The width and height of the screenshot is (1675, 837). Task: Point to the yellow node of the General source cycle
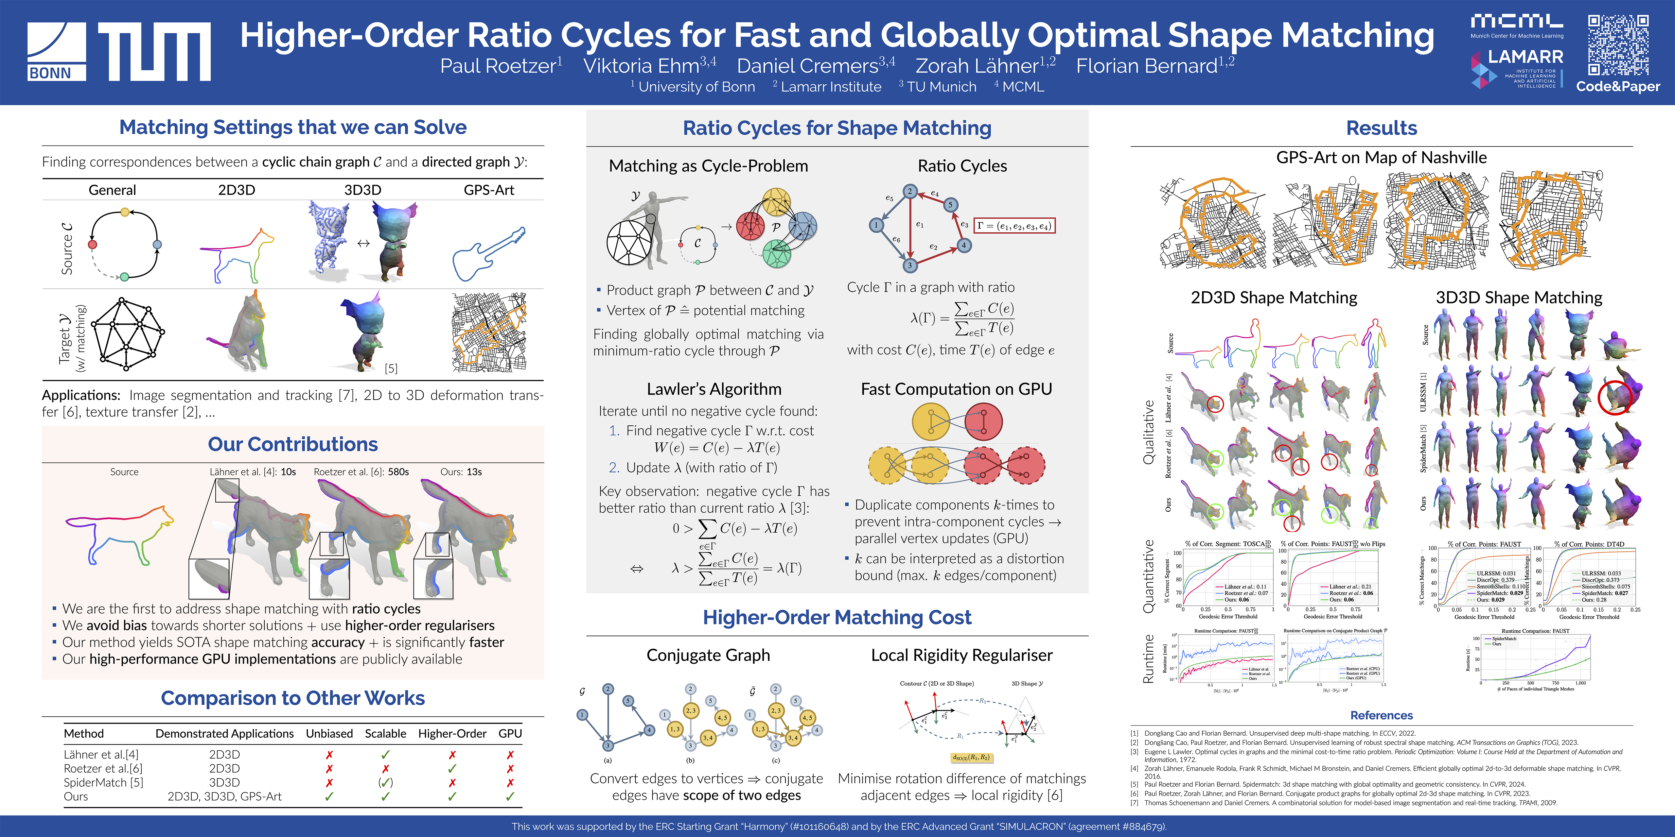pos(125,212)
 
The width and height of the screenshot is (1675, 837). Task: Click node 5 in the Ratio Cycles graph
pos(950,205)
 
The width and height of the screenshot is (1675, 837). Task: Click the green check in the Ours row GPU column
pos(510,796)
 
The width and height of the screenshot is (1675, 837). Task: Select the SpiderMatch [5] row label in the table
pos(103,782)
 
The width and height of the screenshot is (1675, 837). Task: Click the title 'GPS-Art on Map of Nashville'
pos(1381,157)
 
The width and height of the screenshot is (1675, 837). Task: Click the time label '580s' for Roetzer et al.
pos(398,472)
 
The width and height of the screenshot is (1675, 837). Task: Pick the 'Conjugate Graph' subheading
pos(708,655)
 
